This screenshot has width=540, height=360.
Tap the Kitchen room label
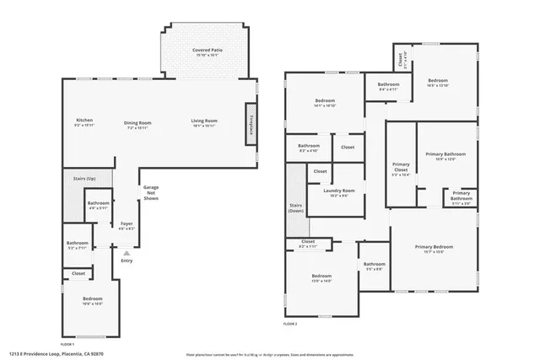tap(84, 121)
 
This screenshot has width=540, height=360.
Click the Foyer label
tap(127, 224)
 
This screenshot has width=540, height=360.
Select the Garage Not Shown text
tap(150, 192)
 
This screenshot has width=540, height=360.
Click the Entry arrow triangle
tap(127, 252)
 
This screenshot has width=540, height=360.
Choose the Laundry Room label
tap(339, 192)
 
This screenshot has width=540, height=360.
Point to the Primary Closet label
tap(401, 169)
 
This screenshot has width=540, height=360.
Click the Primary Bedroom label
tap(434, 249)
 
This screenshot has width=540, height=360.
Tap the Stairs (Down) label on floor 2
tap(296, 207)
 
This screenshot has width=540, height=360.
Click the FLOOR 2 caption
tap(290, 324)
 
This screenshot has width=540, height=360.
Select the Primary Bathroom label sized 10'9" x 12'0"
tap(445, 156)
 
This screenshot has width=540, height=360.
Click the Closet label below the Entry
tap(78, 273)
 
